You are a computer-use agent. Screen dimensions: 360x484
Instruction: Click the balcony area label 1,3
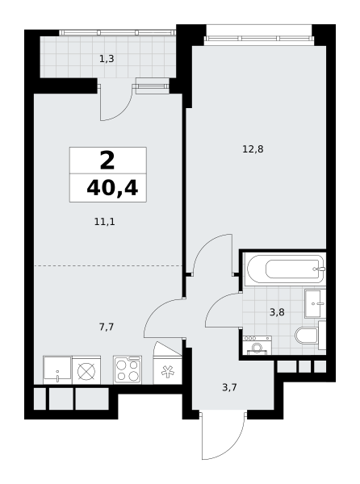tap(107, 59)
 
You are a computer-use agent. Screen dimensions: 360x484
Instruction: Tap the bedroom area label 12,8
tap(253, 149)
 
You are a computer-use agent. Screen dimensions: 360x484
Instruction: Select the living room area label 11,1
tap(105, 222)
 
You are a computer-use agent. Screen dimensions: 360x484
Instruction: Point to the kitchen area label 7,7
tap(107, 327)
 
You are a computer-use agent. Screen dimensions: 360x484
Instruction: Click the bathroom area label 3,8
tap(277, 312)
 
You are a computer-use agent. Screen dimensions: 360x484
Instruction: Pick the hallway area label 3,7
tap(229, 387)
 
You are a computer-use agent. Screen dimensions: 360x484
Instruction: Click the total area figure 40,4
tap(112, 188)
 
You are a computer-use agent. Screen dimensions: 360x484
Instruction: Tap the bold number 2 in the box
tap(107, 161)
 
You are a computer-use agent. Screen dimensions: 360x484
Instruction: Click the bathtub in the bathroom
tap(285, 269)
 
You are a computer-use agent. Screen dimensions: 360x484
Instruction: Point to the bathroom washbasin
tap(316, 304)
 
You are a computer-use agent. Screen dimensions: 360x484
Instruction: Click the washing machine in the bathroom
tap(257, 345)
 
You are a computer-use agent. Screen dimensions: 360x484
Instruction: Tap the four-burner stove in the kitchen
tap(128, 370)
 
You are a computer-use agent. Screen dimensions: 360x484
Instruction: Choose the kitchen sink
tap(57, 369)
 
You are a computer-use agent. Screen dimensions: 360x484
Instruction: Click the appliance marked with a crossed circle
tap(86, 370)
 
